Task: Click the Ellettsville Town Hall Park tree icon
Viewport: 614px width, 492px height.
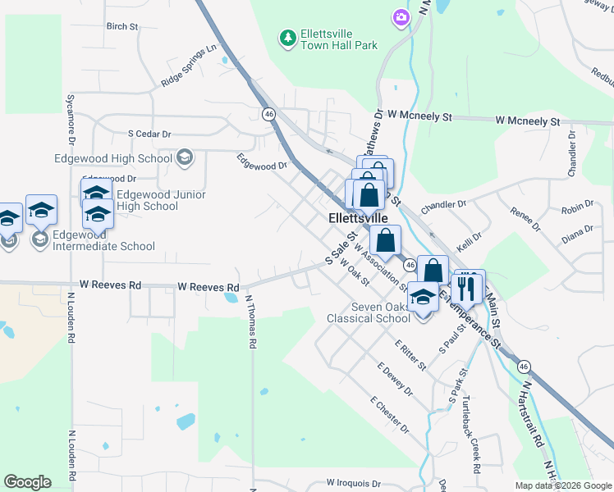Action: [287, 38]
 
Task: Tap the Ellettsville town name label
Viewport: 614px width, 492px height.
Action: [358, 219]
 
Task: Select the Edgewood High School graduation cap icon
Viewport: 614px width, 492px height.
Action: [185, 157]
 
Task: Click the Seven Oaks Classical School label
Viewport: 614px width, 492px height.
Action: [369, 313]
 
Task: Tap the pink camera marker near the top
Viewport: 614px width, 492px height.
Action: [401, 17]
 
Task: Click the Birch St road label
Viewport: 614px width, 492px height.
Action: [122, 26]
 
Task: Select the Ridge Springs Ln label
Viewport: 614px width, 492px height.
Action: [189, 65]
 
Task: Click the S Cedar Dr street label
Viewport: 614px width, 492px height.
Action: [149, 134]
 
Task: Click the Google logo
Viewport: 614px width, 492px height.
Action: [27, 482]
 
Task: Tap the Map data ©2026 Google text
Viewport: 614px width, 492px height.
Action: [563, 485]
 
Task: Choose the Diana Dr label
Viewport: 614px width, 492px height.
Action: [577, 234]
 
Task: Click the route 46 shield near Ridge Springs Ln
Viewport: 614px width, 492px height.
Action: [268, 114]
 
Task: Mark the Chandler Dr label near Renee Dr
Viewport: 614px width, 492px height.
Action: [443, 203]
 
